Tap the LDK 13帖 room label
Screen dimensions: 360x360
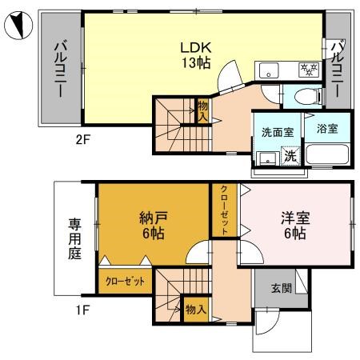(x=194, y=53)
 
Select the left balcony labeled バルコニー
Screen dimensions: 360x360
(x=59, y=70)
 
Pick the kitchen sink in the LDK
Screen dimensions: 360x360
(x=267, y=68)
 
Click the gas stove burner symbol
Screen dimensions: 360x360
(x=306, y=68)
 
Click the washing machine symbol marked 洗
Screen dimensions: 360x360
(x=291, y=156)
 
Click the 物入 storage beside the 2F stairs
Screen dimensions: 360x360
(x=203, y=110)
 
